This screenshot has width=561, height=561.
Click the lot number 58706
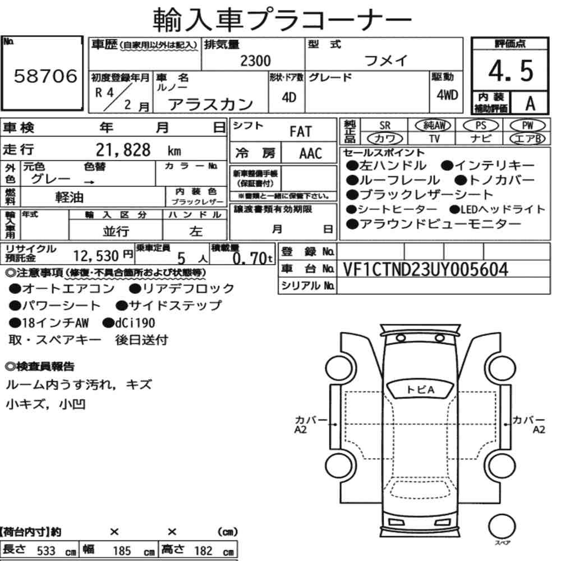pos(45,76)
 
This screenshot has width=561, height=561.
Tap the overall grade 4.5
pos(511,71)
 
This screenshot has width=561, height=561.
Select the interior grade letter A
pos(530,104)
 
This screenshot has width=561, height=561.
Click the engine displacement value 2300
pos(255,61)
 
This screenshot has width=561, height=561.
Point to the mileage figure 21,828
pos(123,150)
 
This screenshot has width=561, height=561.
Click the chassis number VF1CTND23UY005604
pos(425,269)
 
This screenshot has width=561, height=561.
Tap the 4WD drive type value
pos(447,95)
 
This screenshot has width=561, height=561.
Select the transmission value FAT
pos(301,131)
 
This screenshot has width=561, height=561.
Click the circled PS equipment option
pos(481,125)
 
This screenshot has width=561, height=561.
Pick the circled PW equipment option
pos(527,125)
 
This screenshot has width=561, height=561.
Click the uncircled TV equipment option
pos(434,139)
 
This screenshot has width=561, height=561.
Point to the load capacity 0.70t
pos(252,257)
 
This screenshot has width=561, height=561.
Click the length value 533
pos(46,551)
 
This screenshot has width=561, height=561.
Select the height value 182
pos(203,550)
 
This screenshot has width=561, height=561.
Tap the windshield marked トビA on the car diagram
pos(420,390)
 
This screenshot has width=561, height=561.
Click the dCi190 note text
pos(135,323)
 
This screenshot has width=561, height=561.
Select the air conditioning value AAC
pos(311,154)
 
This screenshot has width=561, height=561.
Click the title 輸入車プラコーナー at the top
pos(282,20)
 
